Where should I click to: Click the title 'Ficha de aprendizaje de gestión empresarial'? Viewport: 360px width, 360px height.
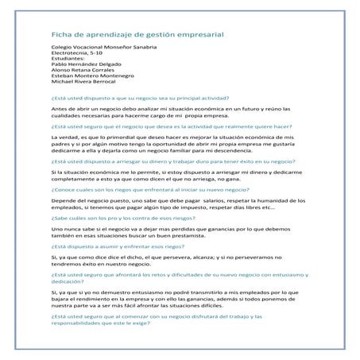point(137,34)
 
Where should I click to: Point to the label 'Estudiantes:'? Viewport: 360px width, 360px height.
point(68,63)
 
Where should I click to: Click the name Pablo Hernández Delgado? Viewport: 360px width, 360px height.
point(87,69)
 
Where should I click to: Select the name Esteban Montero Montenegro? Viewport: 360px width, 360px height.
point(94,82)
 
